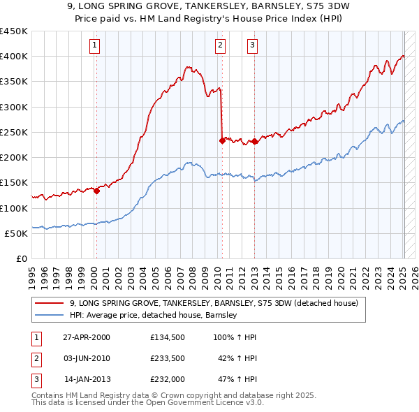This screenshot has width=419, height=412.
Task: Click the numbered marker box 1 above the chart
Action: (95, 46)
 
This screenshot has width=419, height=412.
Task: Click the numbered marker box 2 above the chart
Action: (220, 46)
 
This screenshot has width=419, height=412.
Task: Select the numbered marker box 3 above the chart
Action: (252, 46)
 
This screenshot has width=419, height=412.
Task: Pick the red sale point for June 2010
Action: (222, 140)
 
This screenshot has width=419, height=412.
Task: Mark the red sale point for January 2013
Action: (254, 142)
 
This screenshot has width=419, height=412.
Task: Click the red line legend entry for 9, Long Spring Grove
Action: (214, 303)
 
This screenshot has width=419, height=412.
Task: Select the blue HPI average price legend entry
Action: (154, 315)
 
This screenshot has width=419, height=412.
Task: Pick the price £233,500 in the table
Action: (166, 358)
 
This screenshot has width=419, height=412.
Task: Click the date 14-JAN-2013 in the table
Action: (87, 379)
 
